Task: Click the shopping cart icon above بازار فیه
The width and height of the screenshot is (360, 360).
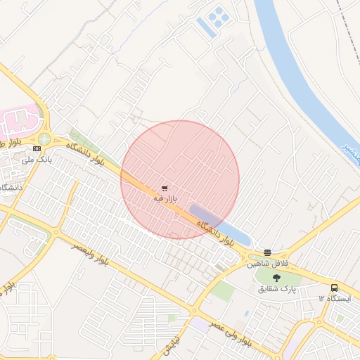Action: pyautogui.click(x=165, y=188)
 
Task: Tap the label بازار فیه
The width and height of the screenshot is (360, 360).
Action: pyautogui.click(x=163, y=200)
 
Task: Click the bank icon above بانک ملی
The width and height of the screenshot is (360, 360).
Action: pyautogui.click(x=37, y=149)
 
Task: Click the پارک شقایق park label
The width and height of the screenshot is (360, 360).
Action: pyautogui.click(x=278, y=289)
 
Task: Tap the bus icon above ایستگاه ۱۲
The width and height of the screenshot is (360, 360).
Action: pyautogui.click(x=334, y=288)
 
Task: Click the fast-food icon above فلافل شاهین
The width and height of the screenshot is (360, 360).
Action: pyautogui.click(x=267, y=253)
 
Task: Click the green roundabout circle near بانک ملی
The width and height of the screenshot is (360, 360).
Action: pyautogui.click(x=44, y=139)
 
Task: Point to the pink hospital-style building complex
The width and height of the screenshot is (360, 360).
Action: pyautogui.click(x=20, y=122)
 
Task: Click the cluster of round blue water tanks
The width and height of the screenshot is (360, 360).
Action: pyautogui.click(x=219, y=14)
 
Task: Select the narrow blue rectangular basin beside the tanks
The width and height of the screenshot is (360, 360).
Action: pyautogui.click(x=205, y=27)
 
